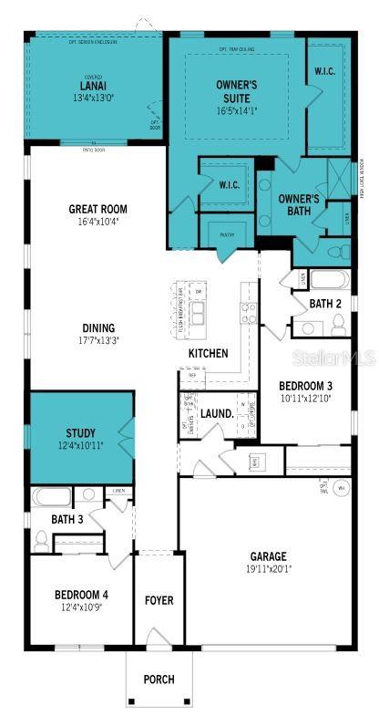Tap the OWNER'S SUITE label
[236, 89]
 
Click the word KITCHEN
[208, 354]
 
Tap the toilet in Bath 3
[40, 540]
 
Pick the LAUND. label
[217, 412]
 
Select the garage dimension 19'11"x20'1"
[269, 569]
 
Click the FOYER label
[159, 600]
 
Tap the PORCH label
[159, 679]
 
